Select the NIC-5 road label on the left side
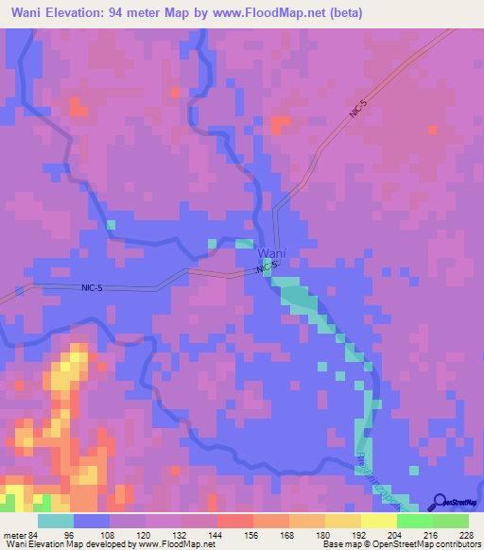pyautogui.click(x=93, y=286)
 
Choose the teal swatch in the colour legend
pyautogui.click(x=56, y=521)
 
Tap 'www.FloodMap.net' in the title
pyautogui.click(x=274, y=12)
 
